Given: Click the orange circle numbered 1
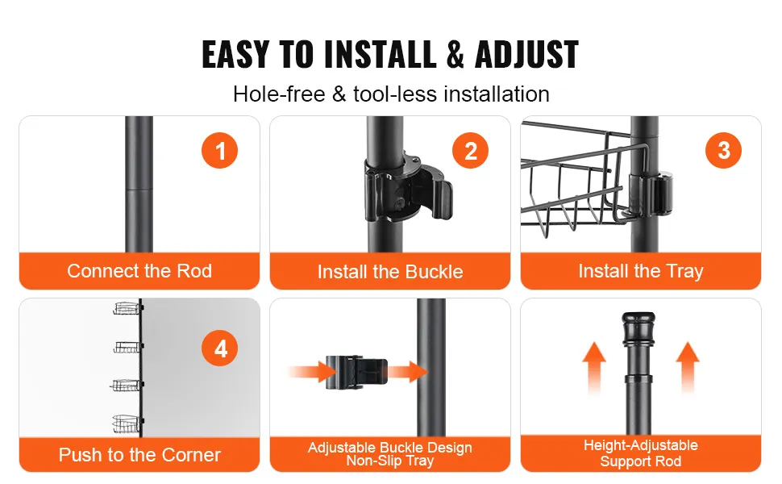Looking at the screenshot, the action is pyautogui.click(x=219, y=150).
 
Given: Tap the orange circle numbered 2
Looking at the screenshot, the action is pyautogui.click(x=470, y=150).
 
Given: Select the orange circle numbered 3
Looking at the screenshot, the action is pyautogui.click(x=723, y=150).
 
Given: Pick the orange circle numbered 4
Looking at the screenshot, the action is pyautogui.click(x=219, y=348).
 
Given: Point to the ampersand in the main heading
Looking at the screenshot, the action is pyautogui.click(x=455, y=54).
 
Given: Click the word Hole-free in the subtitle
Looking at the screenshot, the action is pyautogui.click(x=279, y=94).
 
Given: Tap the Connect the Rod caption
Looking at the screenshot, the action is pyautogui.click(x=139, y=270).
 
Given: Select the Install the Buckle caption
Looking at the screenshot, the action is pyautogui.click(x=390, y=271).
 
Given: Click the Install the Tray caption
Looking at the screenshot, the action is pyautogui.click(x=641, y=271).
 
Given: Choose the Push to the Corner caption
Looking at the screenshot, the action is pyautogui.click(x=139, y=455).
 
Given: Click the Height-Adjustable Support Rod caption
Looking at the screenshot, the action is pyautogui.click(x=641, y=453).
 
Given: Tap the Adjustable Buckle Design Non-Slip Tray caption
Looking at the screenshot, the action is pyautogui.click(x=390, y=453).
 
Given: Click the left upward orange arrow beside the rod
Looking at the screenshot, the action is pyautogui.click(x=594, y=368).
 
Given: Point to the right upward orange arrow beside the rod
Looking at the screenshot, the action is pyautogui.click(x=688, y=368).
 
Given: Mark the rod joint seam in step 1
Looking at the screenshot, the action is pyautogui.click(x=139, y=189).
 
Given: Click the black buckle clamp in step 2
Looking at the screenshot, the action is pyautogui.click(x=409, y=189).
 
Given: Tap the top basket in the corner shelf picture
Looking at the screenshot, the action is pyautogui.click(x=127, y=308).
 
